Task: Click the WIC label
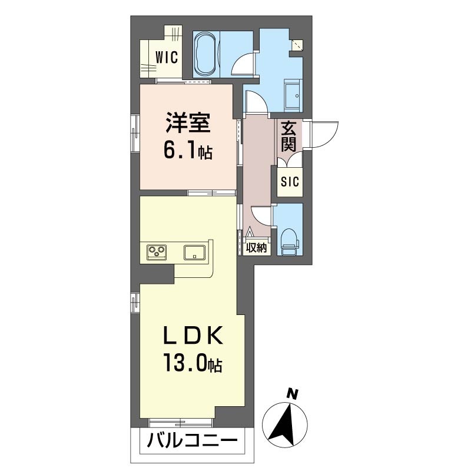(x=167, y=57)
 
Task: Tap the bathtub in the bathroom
(x=205, y=54)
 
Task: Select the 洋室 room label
(x=188, y=122)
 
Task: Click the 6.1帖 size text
(x=188, y=151)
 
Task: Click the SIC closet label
(x=290, y=181)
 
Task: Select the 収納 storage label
(x=257, y=247)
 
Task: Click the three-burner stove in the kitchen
(x=157, y=252)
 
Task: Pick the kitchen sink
(x=195, y=252)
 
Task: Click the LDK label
(x=193, y=335)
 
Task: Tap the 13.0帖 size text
(x=193, y=362)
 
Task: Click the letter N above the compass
(x=292, y=393)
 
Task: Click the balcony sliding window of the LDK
(x=181, y=422)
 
